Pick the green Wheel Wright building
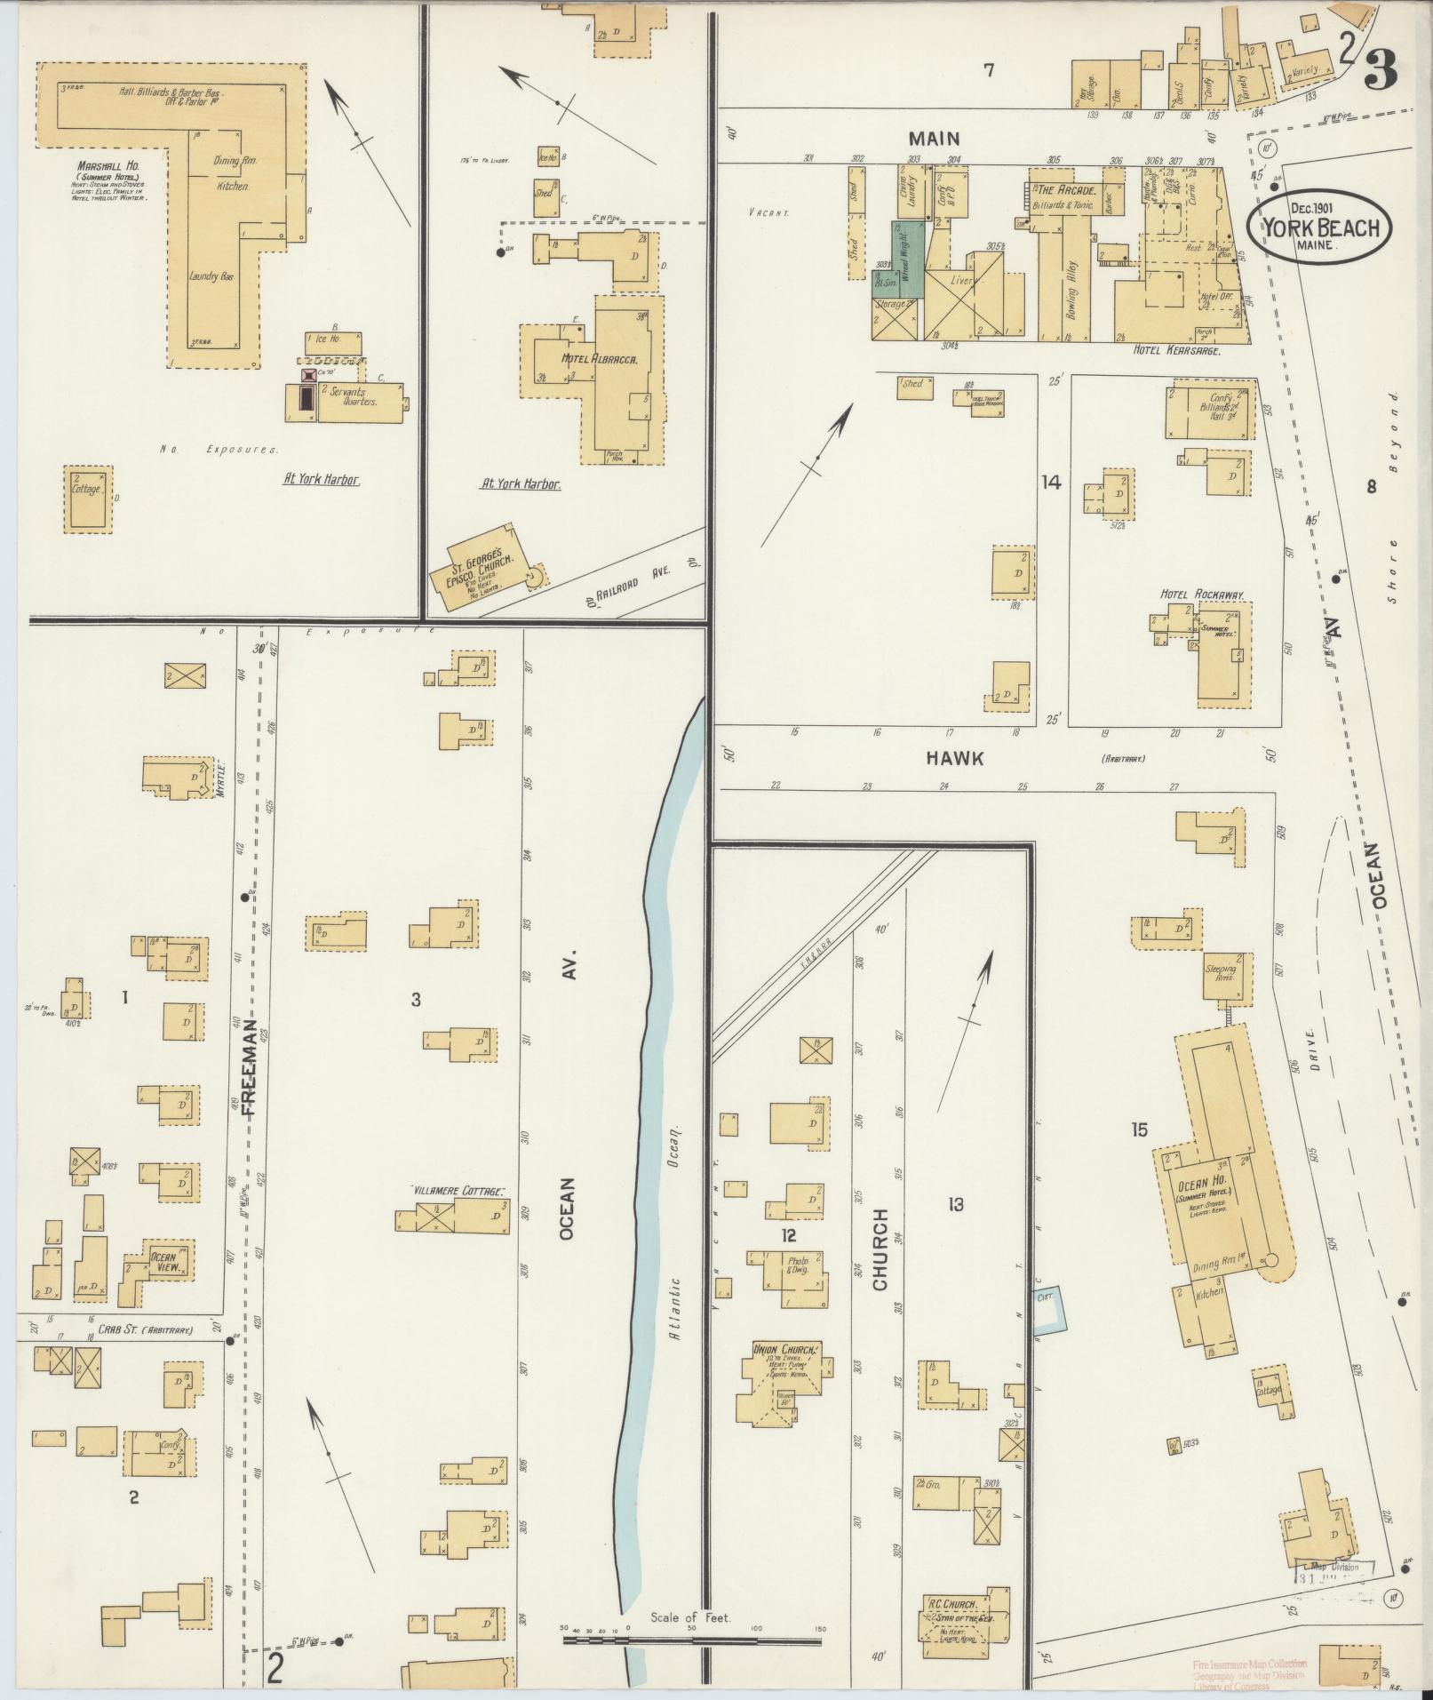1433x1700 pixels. pyautogui.click(x=908, y=259)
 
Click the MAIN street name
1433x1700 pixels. pyautogui.click(x=934, y=139)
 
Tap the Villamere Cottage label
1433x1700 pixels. pyautogui.click(x=458, y=1190)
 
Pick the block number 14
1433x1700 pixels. pyautogui.click(x=1051, y=483)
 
